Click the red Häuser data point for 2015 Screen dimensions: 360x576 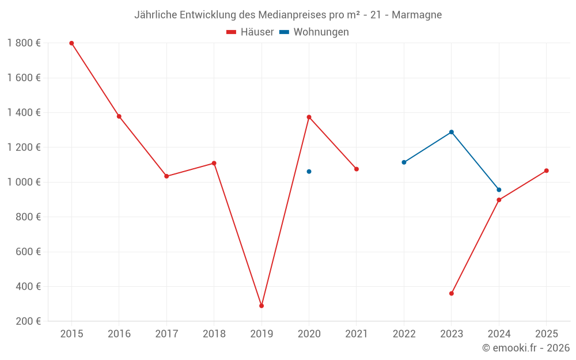[x=71, y=43]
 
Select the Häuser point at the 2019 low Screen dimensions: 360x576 [x=262, y=306]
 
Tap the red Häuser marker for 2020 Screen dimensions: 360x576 [x=309, y=117]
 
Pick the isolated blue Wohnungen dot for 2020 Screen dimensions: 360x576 [x=309, y=172]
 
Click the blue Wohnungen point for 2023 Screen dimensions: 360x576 [x=452, y=132]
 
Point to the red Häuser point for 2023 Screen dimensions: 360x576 [x=452, y=294]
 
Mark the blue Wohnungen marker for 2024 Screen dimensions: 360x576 [x=499, y=190]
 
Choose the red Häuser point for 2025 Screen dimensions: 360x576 [x=547, y=170]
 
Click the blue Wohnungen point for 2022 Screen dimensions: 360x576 [x=404, y=162]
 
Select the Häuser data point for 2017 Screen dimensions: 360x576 [x=166, y=176]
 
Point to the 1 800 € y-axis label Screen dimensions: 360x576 [x=24, y=43]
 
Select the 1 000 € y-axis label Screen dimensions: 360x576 [x=24, y=182]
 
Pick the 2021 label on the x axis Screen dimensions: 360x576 [x=356, y=334]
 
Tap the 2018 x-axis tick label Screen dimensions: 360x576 [x=214, y=334]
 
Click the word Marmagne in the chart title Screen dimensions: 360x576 [x=416, y=15]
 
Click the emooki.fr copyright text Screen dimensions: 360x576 [x=526, y=348]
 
